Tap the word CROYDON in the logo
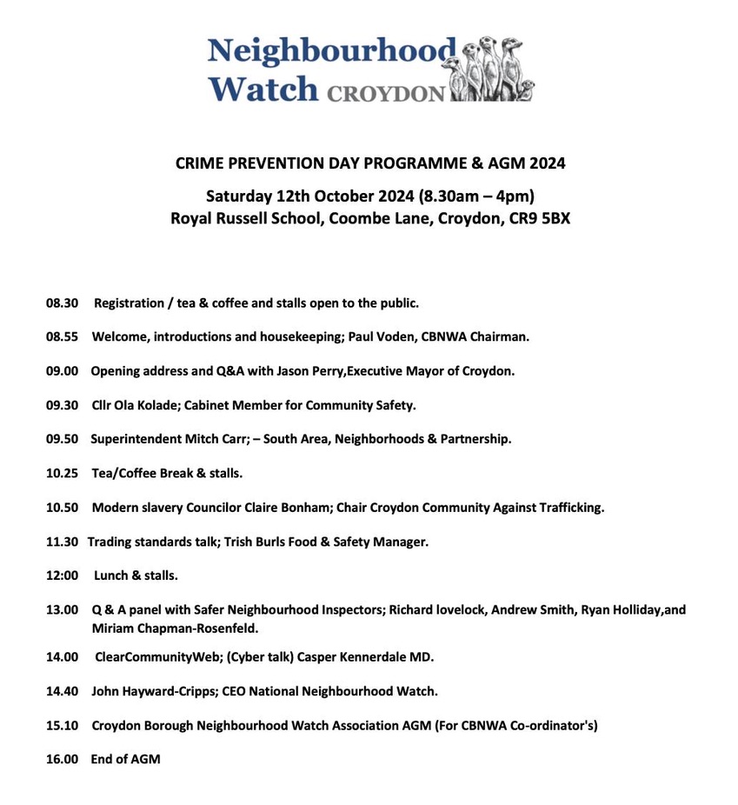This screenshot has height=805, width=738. pyautogui.click(x=385, y=92)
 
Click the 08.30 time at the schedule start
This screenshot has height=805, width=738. pyautogui.click(x=63, y=303)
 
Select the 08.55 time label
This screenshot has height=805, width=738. pyautogui.click(x=63, y=336)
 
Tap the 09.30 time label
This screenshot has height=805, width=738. pyautogui.click(x=63, y=404)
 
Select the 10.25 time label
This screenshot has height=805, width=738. pyautogui.click(x=63, y=473)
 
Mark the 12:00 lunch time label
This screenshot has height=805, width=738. pyautogui.click(x=63, y=575)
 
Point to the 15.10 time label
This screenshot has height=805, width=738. pyautogui.click(x=63, y=725)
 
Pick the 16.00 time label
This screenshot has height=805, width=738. pyautogui.click(x=63, y=759)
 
